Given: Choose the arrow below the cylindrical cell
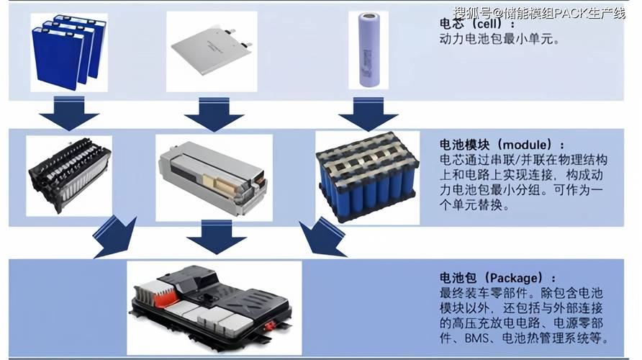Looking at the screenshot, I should pos(364,114).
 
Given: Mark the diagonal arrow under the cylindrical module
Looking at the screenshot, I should pos(321,233).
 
